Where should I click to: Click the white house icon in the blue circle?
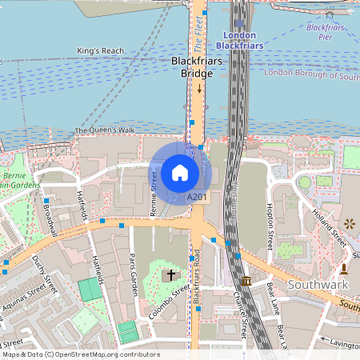coord(180,172)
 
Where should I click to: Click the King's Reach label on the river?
coord(101,51)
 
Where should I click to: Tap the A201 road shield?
coord(197,197)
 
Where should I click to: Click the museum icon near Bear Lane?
coord(246,282)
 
